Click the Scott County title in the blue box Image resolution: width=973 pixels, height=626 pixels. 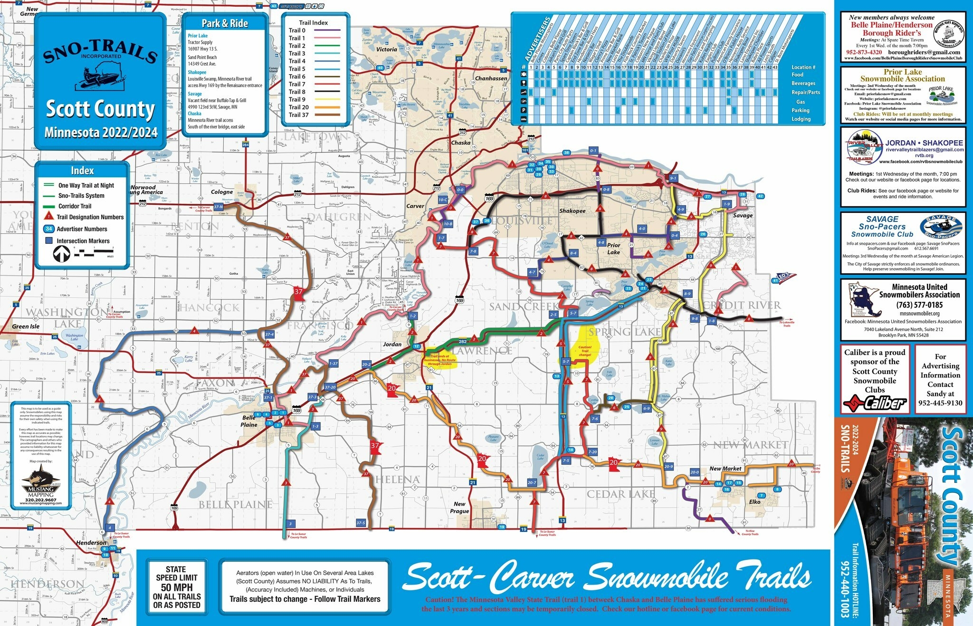tap(100, 109)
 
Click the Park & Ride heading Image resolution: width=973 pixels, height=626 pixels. tap(225, 23)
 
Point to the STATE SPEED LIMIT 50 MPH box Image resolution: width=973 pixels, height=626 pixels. tap(176, 587)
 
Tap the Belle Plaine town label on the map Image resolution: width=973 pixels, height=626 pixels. tap(249, 421)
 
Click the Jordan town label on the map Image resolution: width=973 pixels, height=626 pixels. tap(392, 344)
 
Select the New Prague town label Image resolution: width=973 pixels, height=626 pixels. tap(459, 507)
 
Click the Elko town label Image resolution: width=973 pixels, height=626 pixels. tap(754, 501)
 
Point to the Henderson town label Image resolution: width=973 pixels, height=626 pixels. tap(91, 542)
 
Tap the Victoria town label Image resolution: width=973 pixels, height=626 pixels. tap(386, 49)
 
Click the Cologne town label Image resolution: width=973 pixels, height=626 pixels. tap(222, 192)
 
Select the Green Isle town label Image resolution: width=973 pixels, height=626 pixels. tap(26, 327)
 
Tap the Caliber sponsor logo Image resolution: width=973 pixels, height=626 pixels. tap(875, 404)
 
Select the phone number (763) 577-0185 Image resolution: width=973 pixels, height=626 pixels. tap(919, 305)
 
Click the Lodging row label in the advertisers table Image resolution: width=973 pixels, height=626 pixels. tap(801, 119)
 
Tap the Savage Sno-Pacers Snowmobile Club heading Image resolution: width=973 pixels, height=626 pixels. tap(882, 226)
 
